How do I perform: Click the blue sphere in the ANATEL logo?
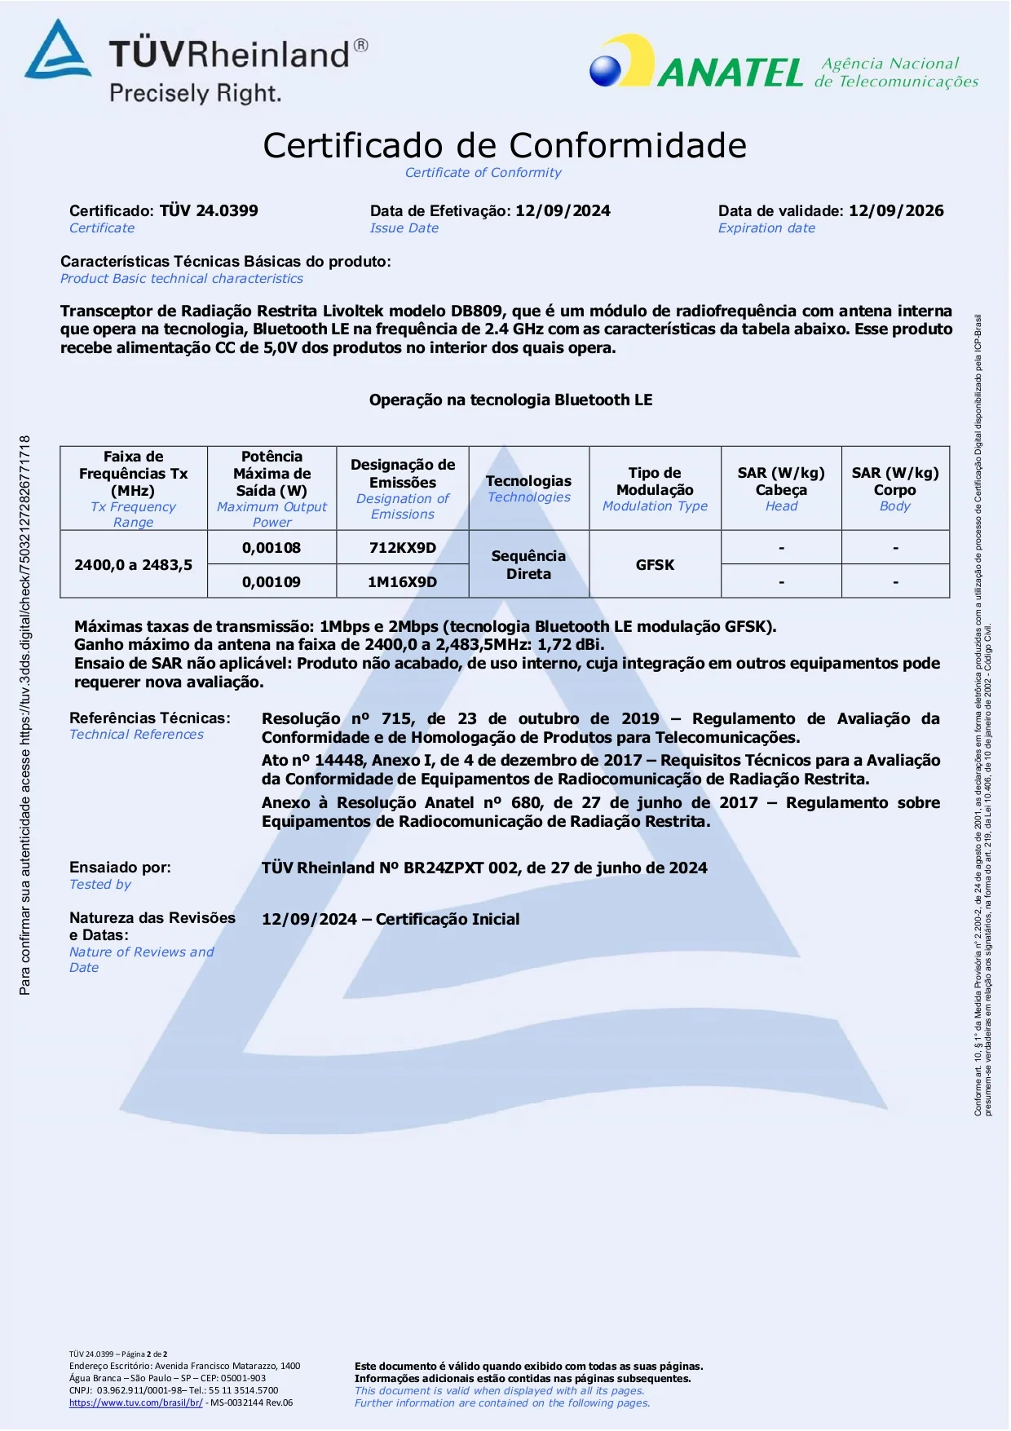pyautogui.click(x=605, y=70)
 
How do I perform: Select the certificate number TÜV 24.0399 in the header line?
pyautogui.click(x=209, y=210)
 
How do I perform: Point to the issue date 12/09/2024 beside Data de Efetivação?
pyautogui.click(x=563, y=210)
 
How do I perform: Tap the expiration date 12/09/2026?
pyautogui.click(x=896, y=210)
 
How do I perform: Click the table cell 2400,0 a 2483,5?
pyautogui.click(x=134, y=564)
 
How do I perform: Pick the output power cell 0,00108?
pyautogui.click(x=272, y=548)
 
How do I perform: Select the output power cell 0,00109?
pyautogui.click(x=272, y=582)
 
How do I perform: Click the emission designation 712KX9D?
pyautogui.click(x=403, y=548)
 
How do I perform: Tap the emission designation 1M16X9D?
pyautogui.click(x=403, y=582)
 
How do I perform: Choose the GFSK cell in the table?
pyautogui.click(x=655, y=564)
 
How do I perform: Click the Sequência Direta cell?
pyautogui.click(x=528, y=564)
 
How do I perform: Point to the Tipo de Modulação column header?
pyautogui.click(x=655, y=481)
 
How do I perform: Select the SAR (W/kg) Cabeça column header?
pyautogui.click(x=781, y=481)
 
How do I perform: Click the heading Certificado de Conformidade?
pyautogui.click(x=505, y=146)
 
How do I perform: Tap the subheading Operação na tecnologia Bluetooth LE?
pyautogui.click(x=510, y=400)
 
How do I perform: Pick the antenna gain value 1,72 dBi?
pyautogui.click(x=571, y=645)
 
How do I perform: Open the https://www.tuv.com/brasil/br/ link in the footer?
pyautogui.click(x=135, y=1402)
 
